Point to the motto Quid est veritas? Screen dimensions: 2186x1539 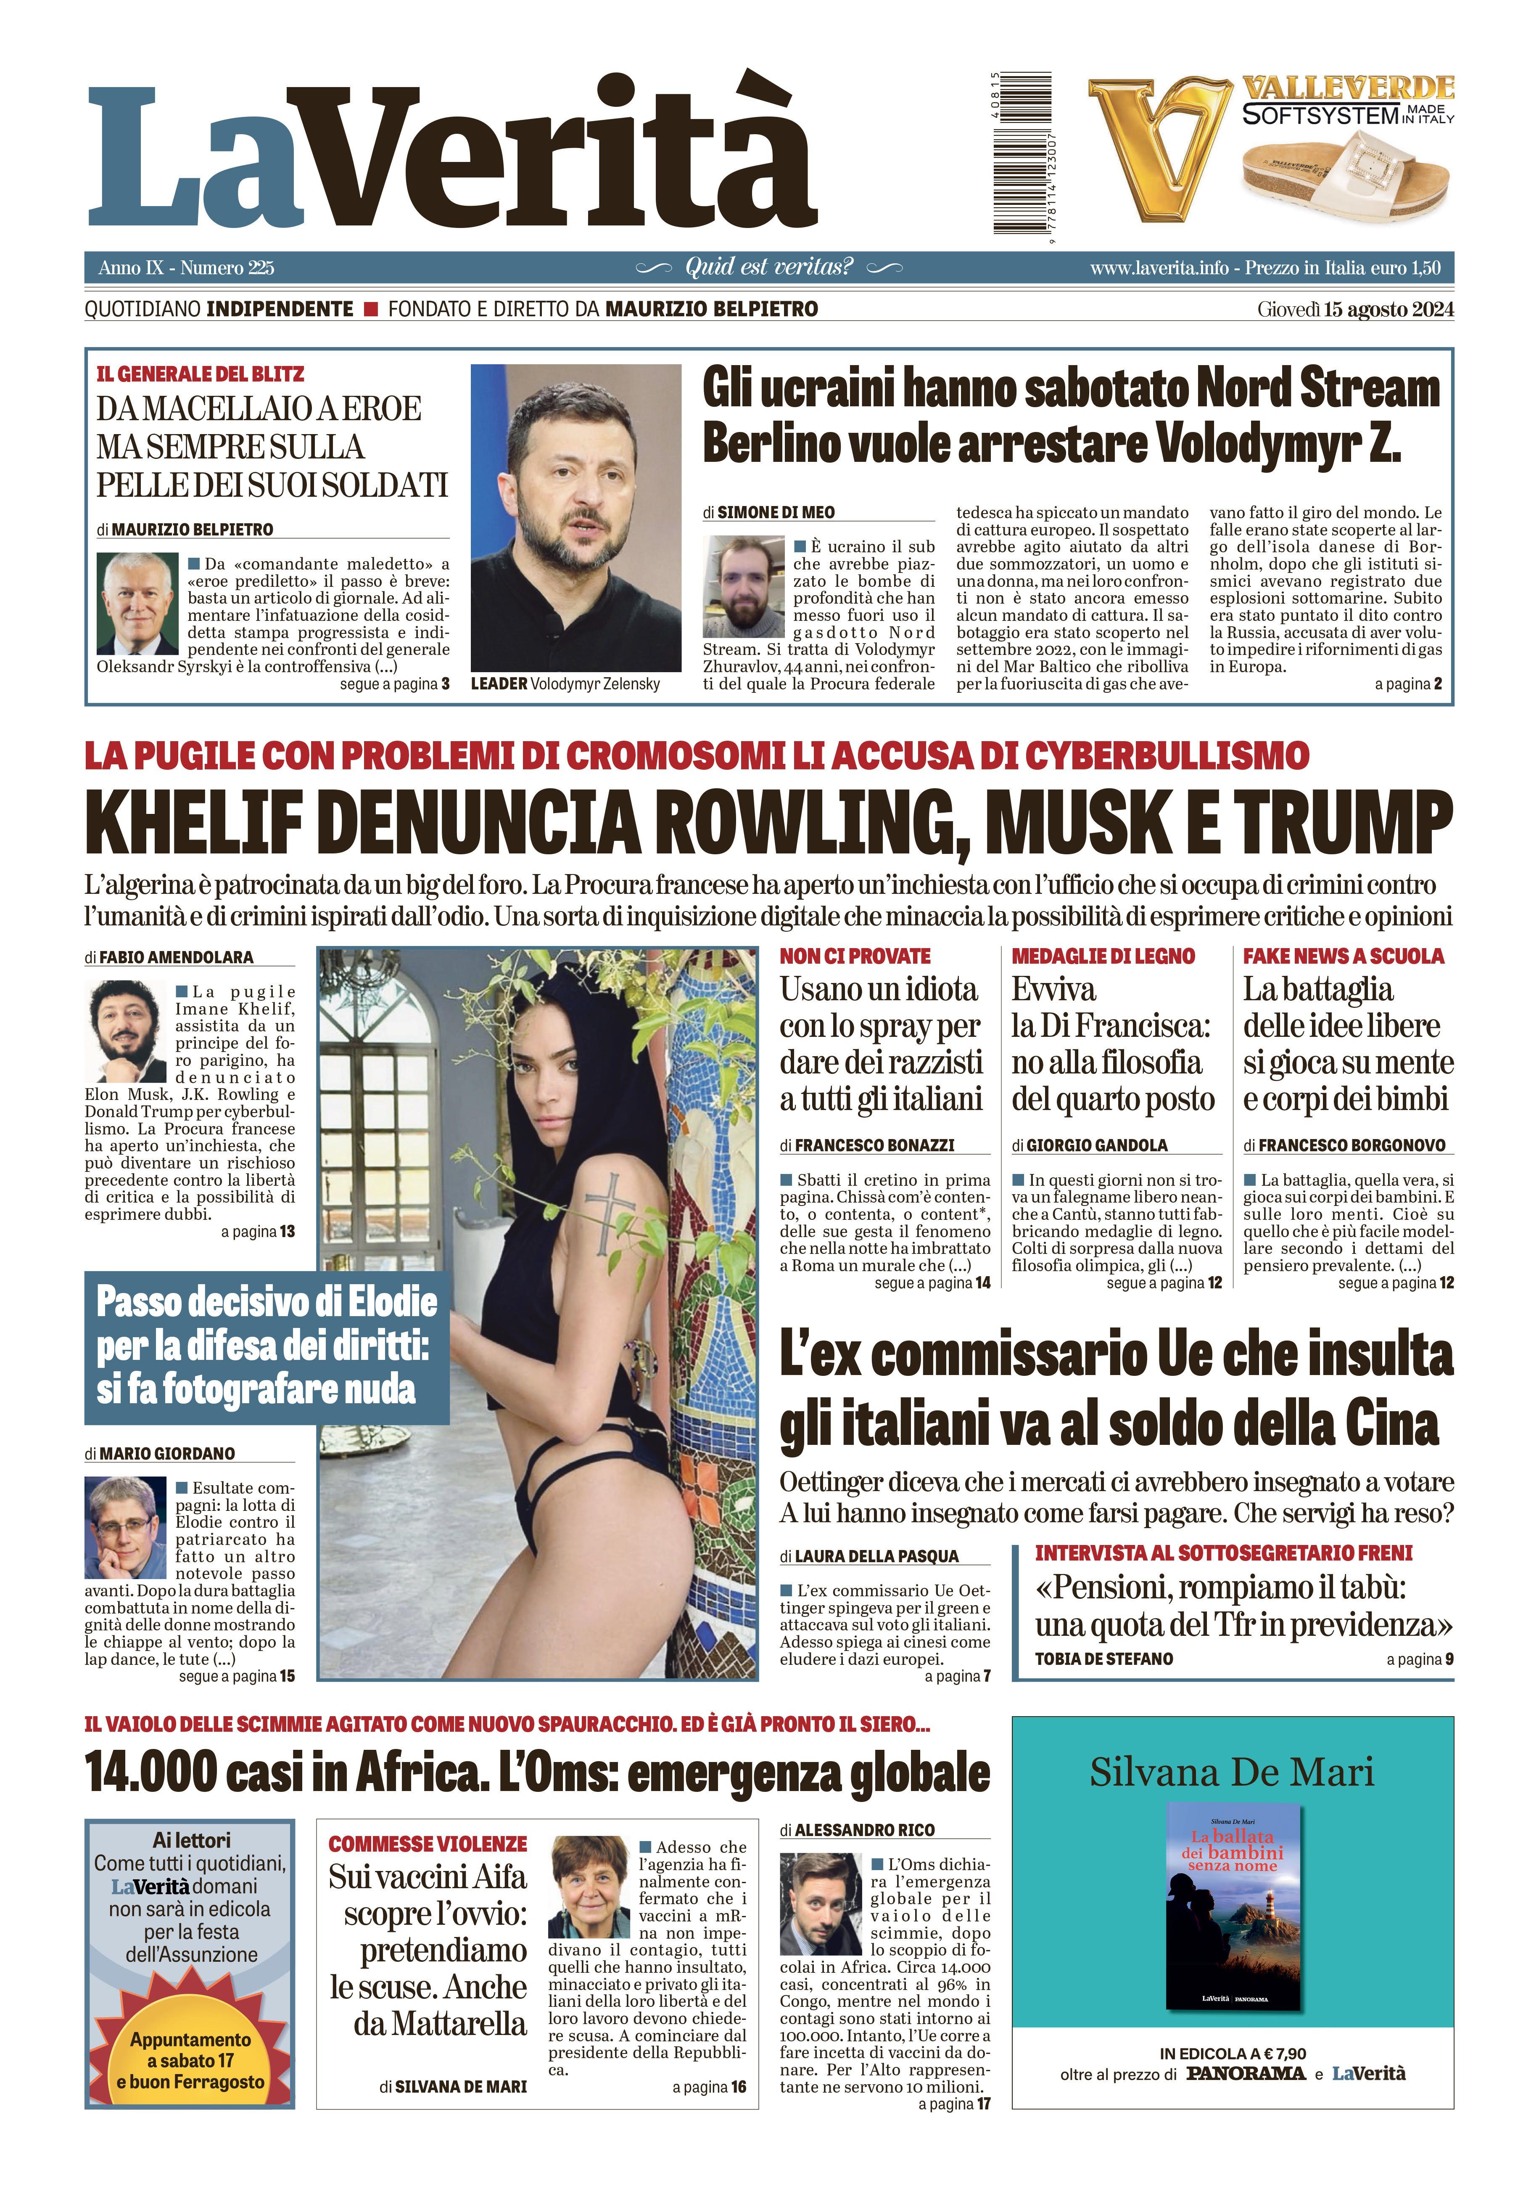(769, 267)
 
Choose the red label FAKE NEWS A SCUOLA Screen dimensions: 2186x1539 (1343, 956)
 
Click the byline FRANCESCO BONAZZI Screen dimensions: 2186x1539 (874, 1145)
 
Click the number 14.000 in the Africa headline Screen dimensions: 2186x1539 (152, 1772)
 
